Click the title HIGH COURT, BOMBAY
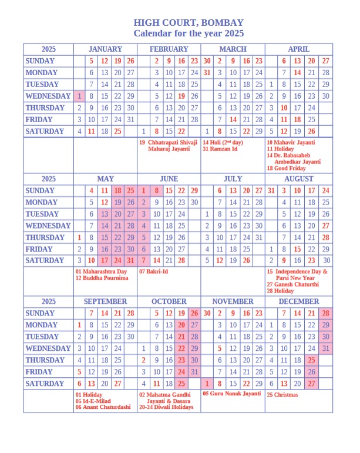[x=189, y=22]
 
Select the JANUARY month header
[x=105, y=49]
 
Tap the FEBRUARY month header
[x=169, y=49]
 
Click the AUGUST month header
[x=298, y=179]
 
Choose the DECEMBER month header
[x=298, y=301]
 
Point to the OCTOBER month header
[x=169, y=301]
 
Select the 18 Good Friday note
[x=286, y=168]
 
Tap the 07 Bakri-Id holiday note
[x=154, y=271]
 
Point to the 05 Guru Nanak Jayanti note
[x=231, y=394]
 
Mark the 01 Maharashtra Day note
[x=101, y=271]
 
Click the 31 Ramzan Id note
[x=220, y=149]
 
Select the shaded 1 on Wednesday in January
[x=79, y=96]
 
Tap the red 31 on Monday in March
[x=207, y=73]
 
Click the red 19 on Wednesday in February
[x=181, y=96]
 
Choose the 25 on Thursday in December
[x=311, y=360]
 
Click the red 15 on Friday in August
[x=298, y=249]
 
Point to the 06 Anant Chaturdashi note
[x=103, y=407]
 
